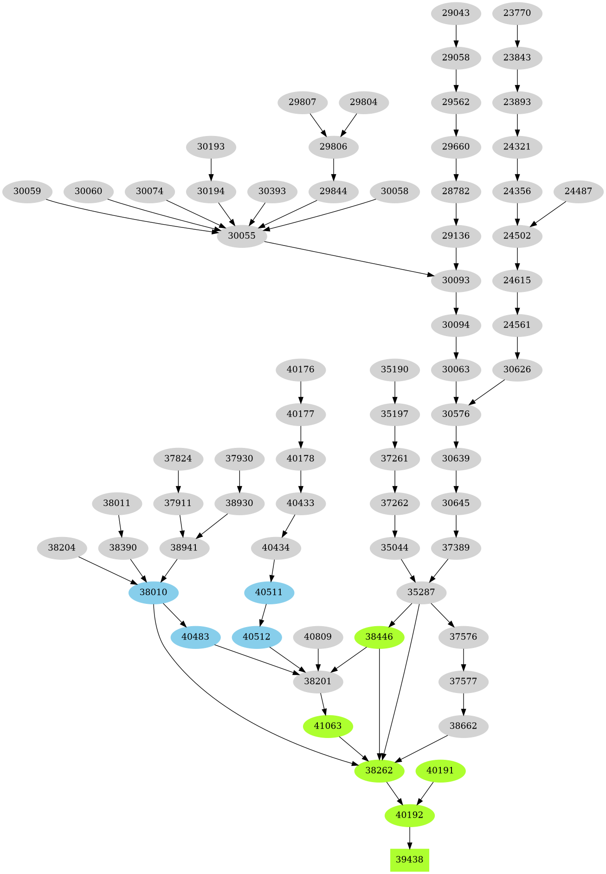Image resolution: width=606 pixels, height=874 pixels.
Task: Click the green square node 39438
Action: coord(409,860)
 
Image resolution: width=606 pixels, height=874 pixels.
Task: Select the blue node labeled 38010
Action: coord(154,592)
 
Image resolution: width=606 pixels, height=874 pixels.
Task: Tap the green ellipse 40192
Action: coord(409,815)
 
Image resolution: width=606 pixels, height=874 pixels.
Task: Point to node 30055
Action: coord(242,236)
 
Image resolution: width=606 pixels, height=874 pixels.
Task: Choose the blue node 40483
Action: coord(195,637)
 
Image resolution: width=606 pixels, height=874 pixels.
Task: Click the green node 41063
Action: coord(328,726)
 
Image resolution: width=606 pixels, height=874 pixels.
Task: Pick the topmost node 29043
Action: coord(456,13)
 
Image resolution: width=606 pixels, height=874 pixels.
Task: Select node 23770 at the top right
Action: coord(517,13)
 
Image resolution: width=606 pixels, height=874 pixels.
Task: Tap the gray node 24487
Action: coord(578,191)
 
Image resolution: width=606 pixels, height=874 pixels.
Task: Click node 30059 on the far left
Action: coord(27,191)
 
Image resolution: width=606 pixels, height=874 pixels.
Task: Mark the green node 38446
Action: coord(379,637)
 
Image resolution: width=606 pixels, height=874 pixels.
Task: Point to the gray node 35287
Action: coord(421,592)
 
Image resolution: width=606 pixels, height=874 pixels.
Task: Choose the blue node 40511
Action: coord(269,592)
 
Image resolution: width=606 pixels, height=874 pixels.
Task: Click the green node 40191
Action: coord(440,770)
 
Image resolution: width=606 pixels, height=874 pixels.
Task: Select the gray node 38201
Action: coord(318,681)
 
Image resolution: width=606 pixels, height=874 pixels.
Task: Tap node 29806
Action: coord(333,147)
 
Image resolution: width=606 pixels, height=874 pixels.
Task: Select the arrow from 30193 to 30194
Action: coord(211,169)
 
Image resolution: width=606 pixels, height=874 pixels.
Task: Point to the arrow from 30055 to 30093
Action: coord(348,259)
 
